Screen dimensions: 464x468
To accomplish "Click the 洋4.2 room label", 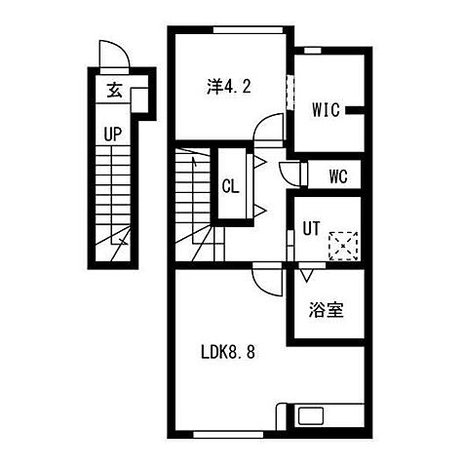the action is tap(229, 87).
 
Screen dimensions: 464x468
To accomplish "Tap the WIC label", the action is tap(326, 110).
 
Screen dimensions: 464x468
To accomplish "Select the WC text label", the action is tap(338, 176).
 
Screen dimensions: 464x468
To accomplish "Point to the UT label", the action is tap(311, 228).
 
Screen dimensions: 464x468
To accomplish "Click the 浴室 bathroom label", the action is tap(326, 309).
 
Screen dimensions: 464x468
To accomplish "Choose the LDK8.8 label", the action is tap(228, 352).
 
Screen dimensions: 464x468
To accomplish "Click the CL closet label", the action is tap(230, 186).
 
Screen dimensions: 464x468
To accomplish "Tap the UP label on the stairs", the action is tap(113, 134).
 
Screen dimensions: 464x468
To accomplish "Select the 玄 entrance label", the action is tap(114, 90).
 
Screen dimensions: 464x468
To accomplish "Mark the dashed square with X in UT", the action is tap(343, 246).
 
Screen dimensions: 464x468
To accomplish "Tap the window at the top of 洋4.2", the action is tap(248, 30).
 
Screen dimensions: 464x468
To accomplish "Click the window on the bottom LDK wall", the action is tap(228, 435).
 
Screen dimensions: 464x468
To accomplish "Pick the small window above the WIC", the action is tap(312, 51).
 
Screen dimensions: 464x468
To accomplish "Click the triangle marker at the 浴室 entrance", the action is tap(306, 275).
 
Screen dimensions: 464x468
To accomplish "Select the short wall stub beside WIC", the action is tap(355, 110).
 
